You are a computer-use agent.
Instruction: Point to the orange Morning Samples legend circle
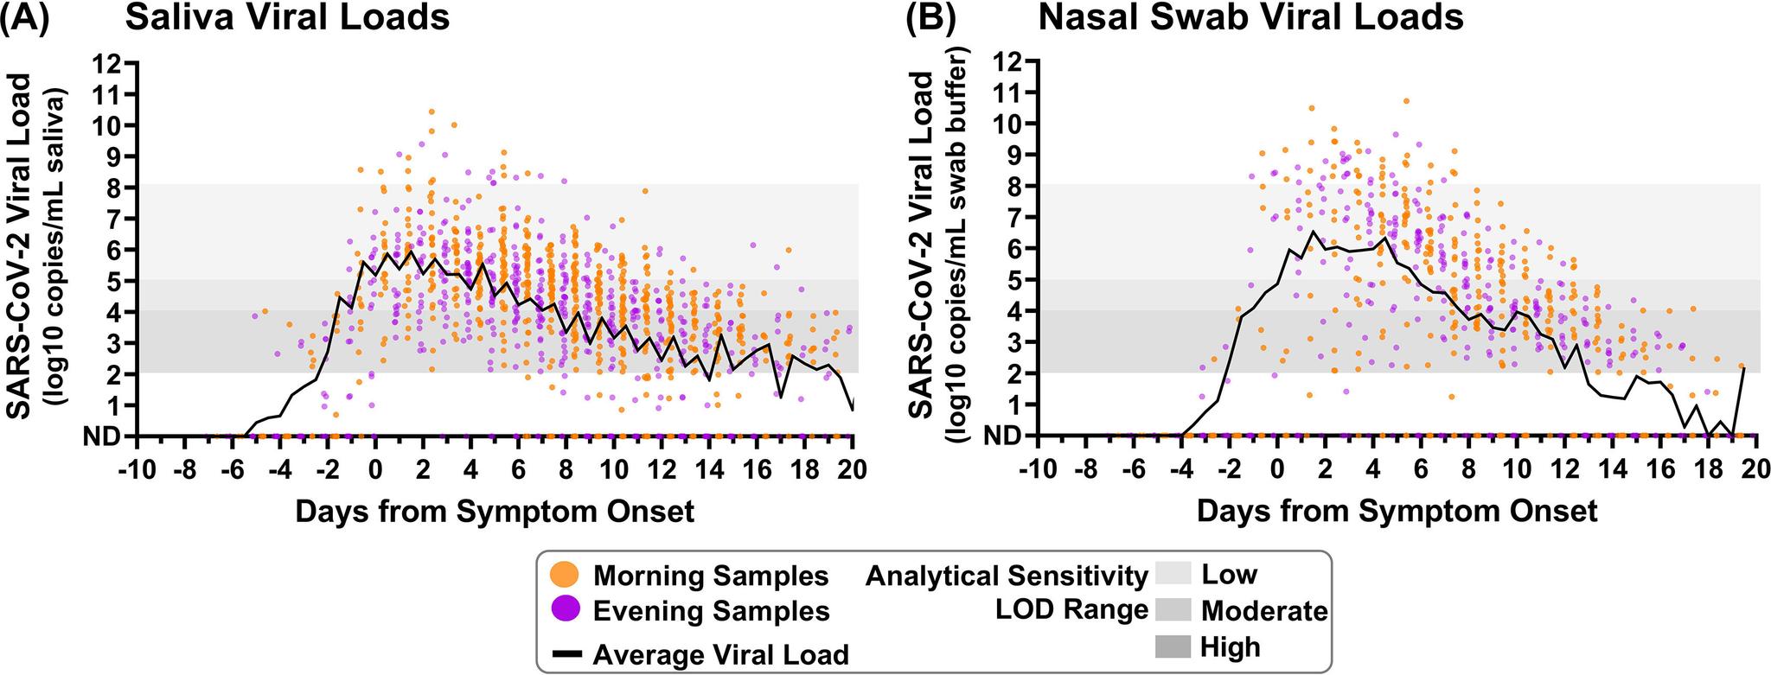pyautogui.click(x=563, y=575)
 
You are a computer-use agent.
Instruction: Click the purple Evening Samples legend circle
pyautogui.click(x=563, y=611)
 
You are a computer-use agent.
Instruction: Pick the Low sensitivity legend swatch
pyautogui.click(x=1173, y=574)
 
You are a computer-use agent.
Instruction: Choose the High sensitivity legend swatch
pyautogui.click(x=1173, y=646)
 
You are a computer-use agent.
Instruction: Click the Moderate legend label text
pyautogui.click(x=1264, y=611)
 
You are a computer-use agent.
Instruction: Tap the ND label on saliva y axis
pyautogui.click(x=101, y=437)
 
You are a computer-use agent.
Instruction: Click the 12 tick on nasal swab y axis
pyautogui.click(x=1004, y=61)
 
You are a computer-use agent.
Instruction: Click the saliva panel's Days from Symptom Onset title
pyautogui.click(x=495, y=512)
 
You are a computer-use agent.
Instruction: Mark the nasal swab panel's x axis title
pyautogui.click(x=1397, y=512)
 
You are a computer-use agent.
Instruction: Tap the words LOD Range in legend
pyautogui.click(x=1071, y=610)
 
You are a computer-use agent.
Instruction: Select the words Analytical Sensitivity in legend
pyautogui.click(x=1007, y=575)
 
